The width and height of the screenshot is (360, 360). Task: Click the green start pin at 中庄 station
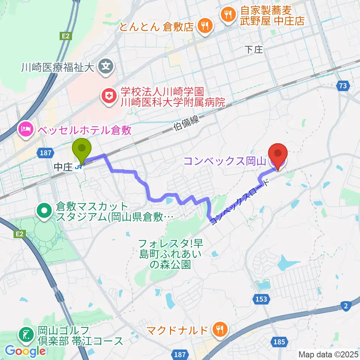pyautogui.click(x=82, y=149)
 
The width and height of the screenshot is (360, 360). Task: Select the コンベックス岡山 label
pyautogui.click(x=225, y=162)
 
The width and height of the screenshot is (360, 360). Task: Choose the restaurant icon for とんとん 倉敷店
pyautogui.click(x=205, y=26)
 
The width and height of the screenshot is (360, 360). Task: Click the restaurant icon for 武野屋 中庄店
pyautogui.click(x=228, y=15)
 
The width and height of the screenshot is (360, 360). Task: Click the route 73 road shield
pyautogui.click(x=342, y=86)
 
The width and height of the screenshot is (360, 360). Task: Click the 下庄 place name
pyautogui.click(x=253, y=49)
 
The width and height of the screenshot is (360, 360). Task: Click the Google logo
pyautogui.click(x=25, y=351)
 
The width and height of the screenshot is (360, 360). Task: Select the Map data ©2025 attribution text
pyautogui.click(x=328, y=354)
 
